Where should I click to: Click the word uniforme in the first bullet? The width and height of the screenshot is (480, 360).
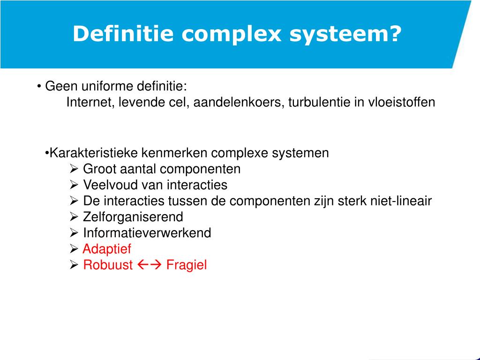(107, 86)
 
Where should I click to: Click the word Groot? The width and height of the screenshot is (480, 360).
(97, 169)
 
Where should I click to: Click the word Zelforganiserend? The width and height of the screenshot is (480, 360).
(133, 217)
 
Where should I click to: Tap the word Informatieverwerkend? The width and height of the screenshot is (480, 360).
(147, 233)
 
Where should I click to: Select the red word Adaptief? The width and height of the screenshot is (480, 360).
(107, 249)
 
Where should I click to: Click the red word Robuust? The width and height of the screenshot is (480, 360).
(108, 265)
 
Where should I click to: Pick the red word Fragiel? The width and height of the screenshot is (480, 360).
(187, 265)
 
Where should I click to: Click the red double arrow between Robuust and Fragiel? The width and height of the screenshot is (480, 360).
(150, 265)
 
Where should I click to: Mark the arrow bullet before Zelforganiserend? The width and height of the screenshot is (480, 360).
(74, 217)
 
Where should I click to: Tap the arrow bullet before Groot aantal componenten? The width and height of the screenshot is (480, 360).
(74, 169)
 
